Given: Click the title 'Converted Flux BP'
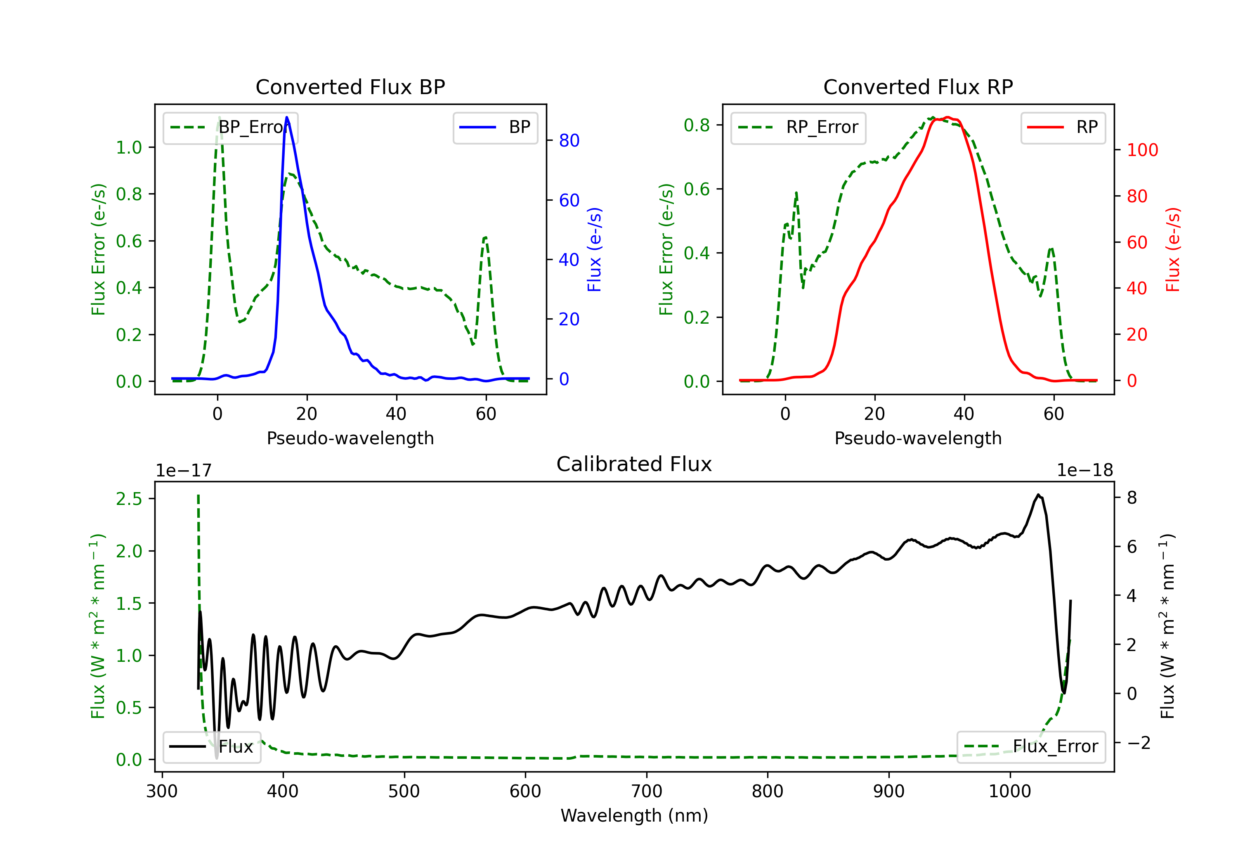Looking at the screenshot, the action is pyautogui.click(x=350, y=87).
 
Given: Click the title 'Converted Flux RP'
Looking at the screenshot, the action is pyautogui.click(x=918, y=87).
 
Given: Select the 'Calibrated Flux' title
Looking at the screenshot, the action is pyautogui.click(x=634, y=464).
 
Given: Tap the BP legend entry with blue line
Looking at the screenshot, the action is pyautogui.click(x=495, y=127).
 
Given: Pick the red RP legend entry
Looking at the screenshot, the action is pyautogui.click(x=1063, y=127).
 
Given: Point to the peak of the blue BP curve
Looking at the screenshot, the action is pyautogui.click(x=287, y=117).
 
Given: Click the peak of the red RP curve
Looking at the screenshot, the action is pyautogui.click(x=948, y=117).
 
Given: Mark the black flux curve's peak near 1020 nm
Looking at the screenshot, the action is pyautogui.click(x=1038, y=494).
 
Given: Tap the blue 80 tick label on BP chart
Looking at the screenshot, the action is pyautogui.click(x=569, y=141).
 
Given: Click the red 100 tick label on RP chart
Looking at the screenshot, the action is pyautogui.click(x=1142, y=150).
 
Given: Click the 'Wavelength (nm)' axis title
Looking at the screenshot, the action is pyautogui.click(x=634, y=816).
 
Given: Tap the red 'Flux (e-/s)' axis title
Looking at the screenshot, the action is pyautogui.click(x=1173, y=249).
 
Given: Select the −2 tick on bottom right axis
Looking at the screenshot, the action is pyautogui.click(x=1138, y=743).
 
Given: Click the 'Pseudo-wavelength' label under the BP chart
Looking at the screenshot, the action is pyautogui.click(x=350, y=438).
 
